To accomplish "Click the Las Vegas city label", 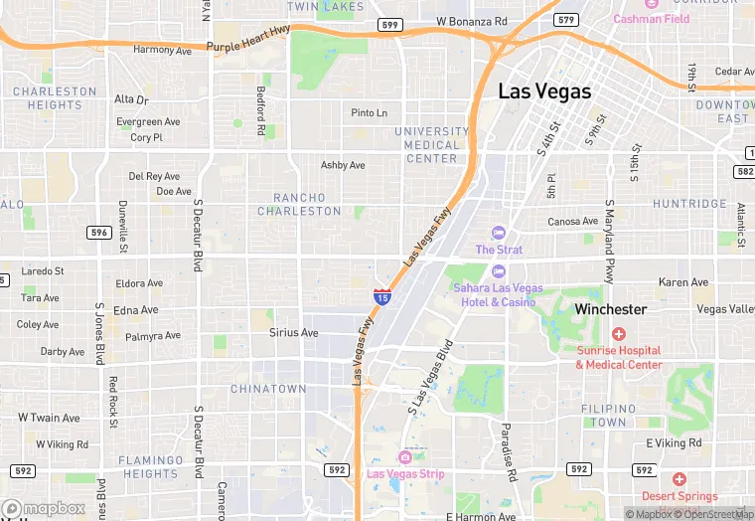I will pyautogui.click(x=543, y=91).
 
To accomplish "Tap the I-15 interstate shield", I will pyautogui.click(x=382, y=295).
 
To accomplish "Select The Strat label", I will pyautogui.click(x=499, y=250).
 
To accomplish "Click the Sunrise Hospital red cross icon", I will pyautogui.click(x=618, y=334).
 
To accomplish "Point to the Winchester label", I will pyautogui.click(x=610, y=309).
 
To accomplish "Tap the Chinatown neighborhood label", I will pyautogui.click(x=268, y=389).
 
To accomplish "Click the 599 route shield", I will pyautogui.click(x=389, y=23).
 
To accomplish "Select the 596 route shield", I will pyautogui.click(x=98, y=233).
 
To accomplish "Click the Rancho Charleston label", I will pyautogui.click(x=299, y=204).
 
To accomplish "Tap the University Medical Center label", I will pyautogui.click(x=431, y=144).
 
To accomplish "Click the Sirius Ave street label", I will pyautogui.click(x=293, y=333).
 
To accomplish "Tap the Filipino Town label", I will pyautogui.click(x=608, y=416).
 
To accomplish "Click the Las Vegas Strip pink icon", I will pyautogui.click(x=405, y=456).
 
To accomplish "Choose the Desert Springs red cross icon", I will pyautogui.click(x=679, y=479).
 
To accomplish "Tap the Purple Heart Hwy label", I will pyautogui.click(x=248, y=45).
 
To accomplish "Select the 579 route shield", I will pyautogui.click(x=566, y=19).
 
